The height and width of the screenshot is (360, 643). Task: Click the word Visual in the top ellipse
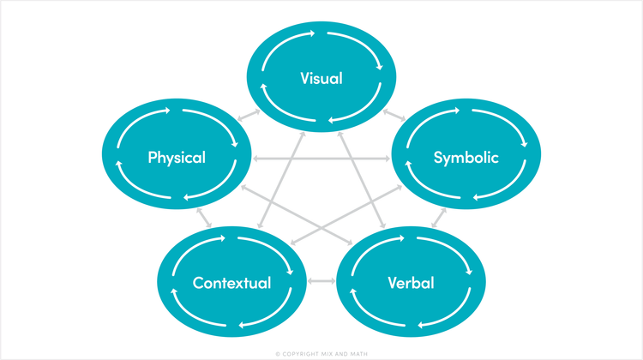(321, 79)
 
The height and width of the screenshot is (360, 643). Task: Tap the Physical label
(176, 158)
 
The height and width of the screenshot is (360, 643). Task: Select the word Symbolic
(466, 158)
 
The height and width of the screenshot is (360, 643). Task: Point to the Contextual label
(231, 283)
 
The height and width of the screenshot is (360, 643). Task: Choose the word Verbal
(411, 283)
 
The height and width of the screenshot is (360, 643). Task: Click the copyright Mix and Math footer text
(321, 352)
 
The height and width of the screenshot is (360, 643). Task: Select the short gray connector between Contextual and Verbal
(321, 281)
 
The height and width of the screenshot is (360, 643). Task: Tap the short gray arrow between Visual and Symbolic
(394, 114)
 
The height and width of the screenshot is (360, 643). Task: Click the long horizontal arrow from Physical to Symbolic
(321, 159)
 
